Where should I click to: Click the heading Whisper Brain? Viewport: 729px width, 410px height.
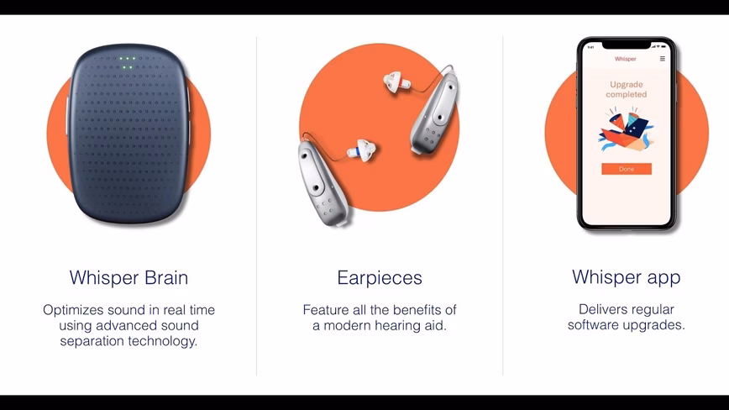128,277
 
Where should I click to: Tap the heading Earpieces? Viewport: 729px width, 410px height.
380,277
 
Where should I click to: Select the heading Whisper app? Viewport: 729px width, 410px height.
626,276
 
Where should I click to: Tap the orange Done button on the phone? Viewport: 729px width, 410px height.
627,169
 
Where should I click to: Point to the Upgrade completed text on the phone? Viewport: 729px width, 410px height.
627,90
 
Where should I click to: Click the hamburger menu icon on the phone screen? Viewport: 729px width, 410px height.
663,59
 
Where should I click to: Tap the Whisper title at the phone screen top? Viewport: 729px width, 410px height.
626,59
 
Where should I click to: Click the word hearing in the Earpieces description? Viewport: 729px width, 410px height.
400,325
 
